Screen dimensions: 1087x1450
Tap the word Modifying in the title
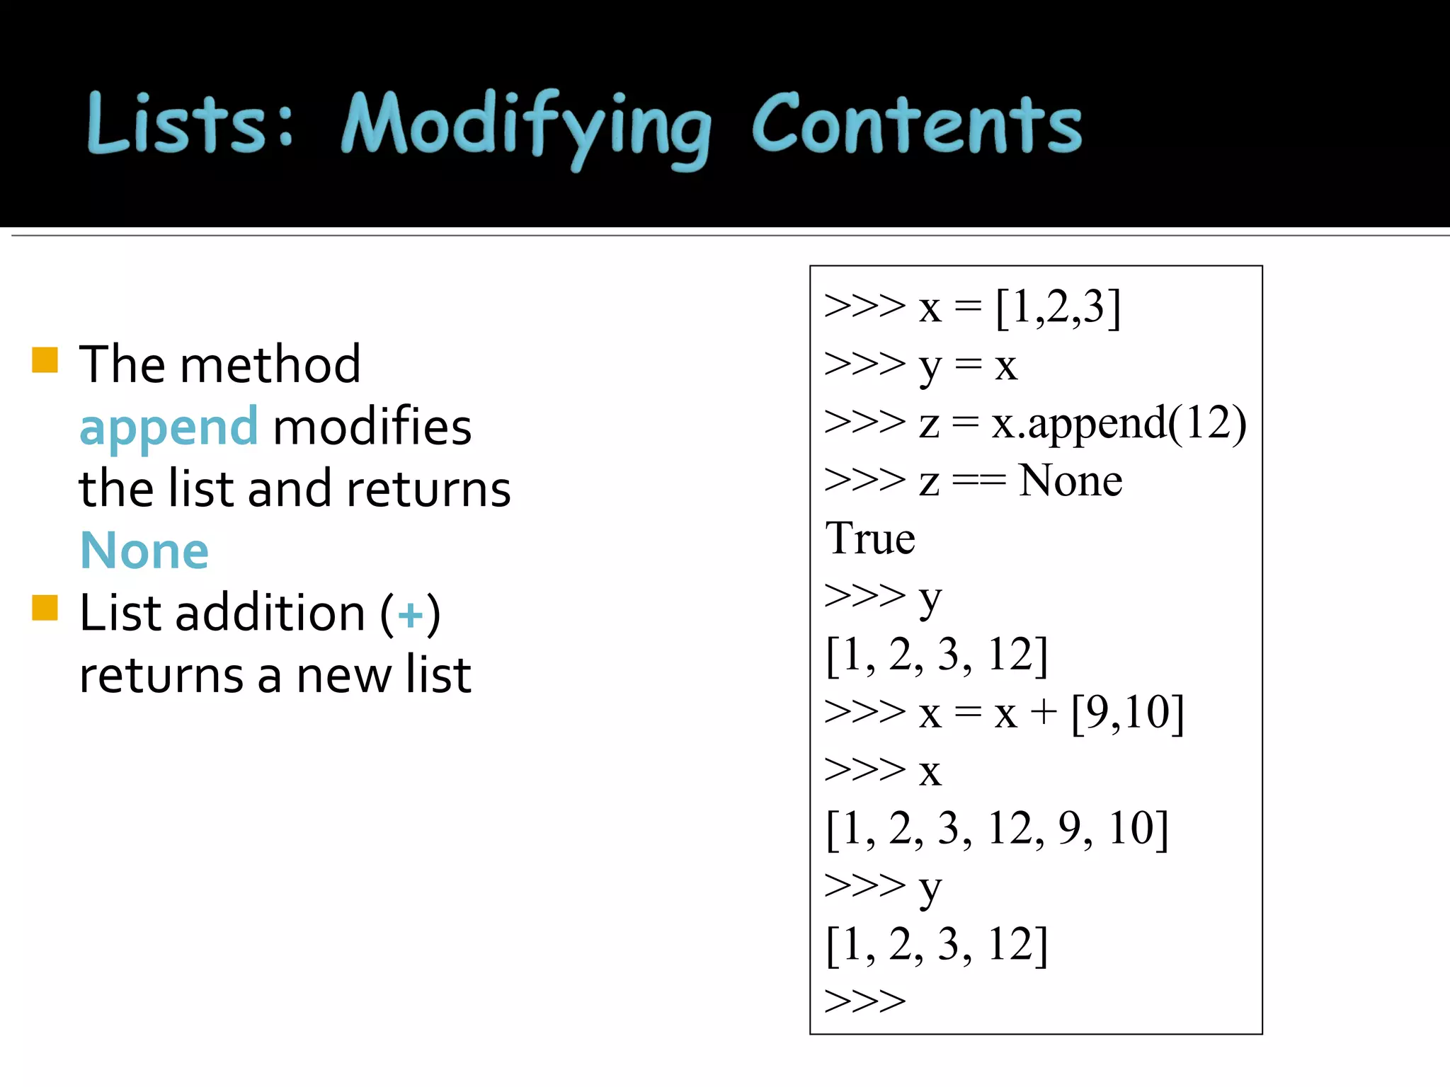(x=525, y=127)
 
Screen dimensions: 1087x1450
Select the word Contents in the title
(x=916, y=125)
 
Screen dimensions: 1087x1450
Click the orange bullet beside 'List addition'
(x=45, y=607)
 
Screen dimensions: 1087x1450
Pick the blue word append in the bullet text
(x=169, y=428)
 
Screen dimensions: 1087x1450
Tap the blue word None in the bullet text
(x=144, y=551)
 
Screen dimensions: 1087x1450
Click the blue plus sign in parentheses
(x=410, y=614)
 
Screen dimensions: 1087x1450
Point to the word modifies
(x=372, y=427)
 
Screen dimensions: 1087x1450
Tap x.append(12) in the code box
(x=1119, y=423)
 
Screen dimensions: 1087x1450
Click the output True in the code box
(x=870, y=539)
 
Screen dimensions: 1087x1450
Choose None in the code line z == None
(x=1070, y=481)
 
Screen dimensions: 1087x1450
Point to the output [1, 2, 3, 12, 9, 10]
(x=997, y=829)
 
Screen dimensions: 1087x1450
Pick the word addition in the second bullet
(x=270, y=613)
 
